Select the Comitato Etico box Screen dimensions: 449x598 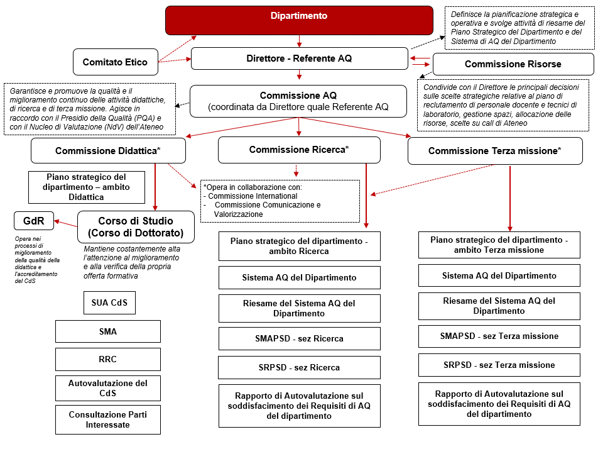pyautogui.click(x=115, y=62)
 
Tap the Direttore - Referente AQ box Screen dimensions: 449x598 pyautogui.click(x=299, y=58)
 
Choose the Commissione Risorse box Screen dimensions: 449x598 pyautogui.click(x=513, y=64)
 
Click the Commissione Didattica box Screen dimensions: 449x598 pyautogui.click(x=108, y=151)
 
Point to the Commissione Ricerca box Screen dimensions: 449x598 pyautogui.click(x=299, y=150)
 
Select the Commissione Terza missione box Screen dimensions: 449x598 pyautogui.click(x=495, y=151)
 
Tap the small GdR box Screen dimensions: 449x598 pyautogui.click(x=33, y=221)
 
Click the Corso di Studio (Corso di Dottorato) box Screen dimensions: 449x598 pyautogui.click(x=136, y=227)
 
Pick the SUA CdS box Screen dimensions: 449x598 pyautogui.click(x=109, y=303)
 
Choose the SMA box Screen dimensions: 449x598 pyautogui.click(x=108, y=331)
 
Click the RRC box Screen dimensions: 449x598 pyautogui.click(x=108, y=360)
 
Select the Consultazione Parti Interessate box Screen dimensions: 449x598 pyautogui.click(x=108, y=420)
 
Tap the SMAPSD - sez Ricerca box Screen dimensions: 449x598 pyautogui.click(x=299, y=338)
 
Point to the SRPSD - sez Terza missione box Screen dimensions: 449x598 pyautogui.click(x=499, y=365)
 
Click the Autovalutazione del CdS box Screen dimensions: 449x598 pyautogui.click(x=108, y=388)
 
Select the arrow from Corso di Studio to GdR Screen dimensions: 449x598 pyautogui.click(x=65, y=221)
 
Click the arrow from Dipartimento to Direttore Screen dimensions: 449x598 pyautogui.click(x=299, y=41)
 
